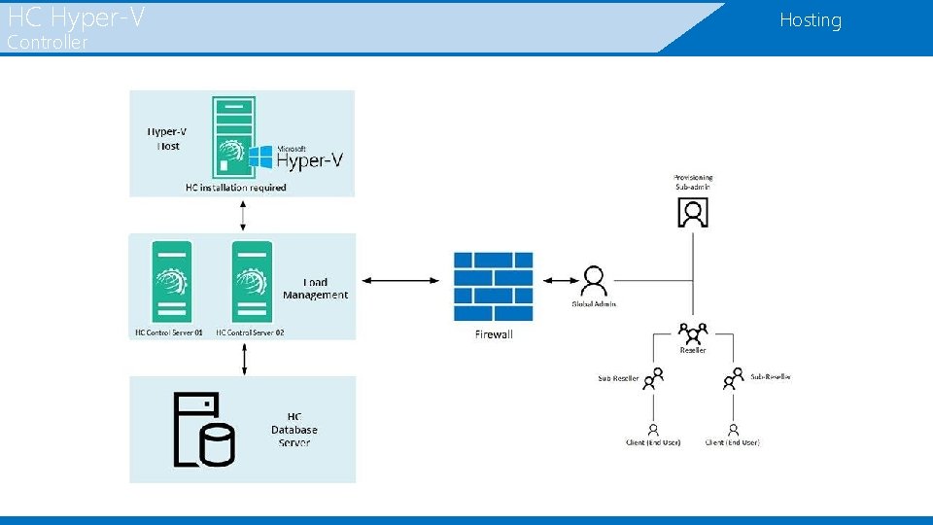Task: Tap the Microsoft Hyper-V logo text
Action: click(309, 157)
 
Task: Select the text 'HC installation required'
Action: click(235, 187)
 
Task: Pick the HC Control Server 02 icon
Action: click(250, 281)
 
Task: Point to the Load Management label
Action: click(315, 289)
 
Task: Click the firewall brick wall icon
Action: click(493, 286)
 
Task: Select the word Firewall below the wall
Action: click(494, 334)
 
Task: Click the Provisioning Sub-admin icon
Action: click(693, 212)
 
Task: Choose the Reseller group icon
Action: click(693, 332)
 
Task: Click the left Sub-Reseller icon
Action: click(653, 377)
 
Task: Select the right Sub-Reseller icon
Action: click(733, 377)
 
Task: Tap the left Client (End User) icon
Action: click(653, 429)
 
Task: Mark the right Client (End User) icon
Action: click(733, 429)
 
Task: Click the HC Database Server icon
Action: click(204, 430)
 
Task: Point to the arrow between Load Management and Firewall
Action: click(400, 281)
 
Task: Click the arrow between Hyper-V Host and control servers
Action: click(243, 215)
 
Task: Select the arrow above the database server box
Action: click(243, 358)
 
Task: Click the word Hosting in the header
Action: click(810, 20)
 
